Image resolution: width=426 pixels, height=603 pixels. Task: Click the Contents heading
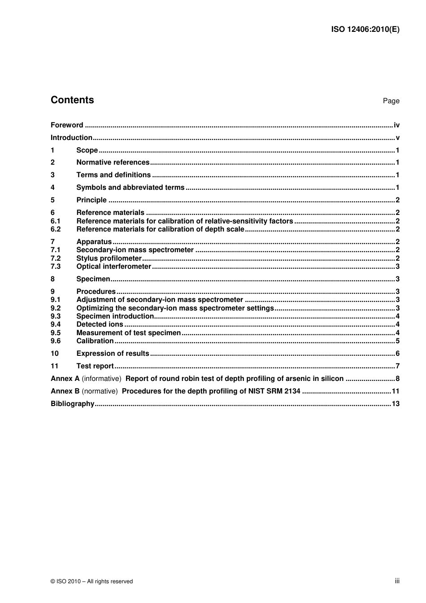[x=72, y=100]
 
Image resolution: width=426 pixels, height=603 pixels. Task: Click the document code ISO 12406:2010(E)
[x=365, y=30]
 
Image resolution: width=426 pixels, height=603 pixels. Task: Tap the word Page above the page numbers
[x=391, y=101]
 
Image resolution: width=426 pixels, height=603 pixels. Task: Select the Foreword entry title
[x=67, y=125]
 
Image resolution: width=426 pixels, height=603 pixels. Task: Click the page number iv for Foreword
[x=396, y=125]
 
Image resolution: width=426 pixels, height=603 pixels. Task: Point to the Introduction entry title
[x=71, y=138]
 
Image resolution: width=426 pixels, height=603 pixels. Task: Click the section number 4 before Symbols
[x=52, y=188]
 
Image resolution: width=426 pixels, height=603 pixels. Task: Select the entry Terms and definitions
[x=113, y=175]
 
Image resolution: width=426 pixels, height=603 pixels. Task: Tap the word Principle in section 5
[x=91, y=200]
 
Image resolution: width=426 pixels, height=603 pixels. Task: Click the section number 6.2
[x=56, y=229]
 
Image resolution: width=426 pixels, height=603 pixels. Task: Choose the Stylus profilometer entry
[x=109, y=258]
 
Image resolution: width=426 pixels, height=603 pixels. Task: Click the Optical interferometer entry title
[x=113, y=267]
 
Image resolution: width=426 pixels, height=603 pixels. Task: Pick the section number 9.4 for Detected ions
[x=56, y=324]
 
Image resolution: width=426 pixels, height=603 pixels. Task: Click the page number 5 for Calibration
[x=397, y=341]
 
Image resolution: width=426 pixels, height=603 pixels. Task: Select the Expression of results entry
[x=113, y=354]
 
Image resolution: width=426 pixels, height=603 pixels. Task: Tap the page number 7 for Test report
[x=397, y=366]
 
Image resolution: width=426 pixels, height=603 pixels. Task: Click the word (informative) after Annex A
[x=101, y=379]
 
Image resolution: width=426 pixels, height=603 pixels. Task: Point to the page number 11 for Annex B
[x=396, y=391]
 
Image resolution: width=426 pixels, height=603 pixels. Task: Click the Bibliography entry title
[x=72, y=404]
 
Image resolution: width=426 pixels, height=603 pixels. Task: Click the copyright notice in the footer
[x=91, y=581]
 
